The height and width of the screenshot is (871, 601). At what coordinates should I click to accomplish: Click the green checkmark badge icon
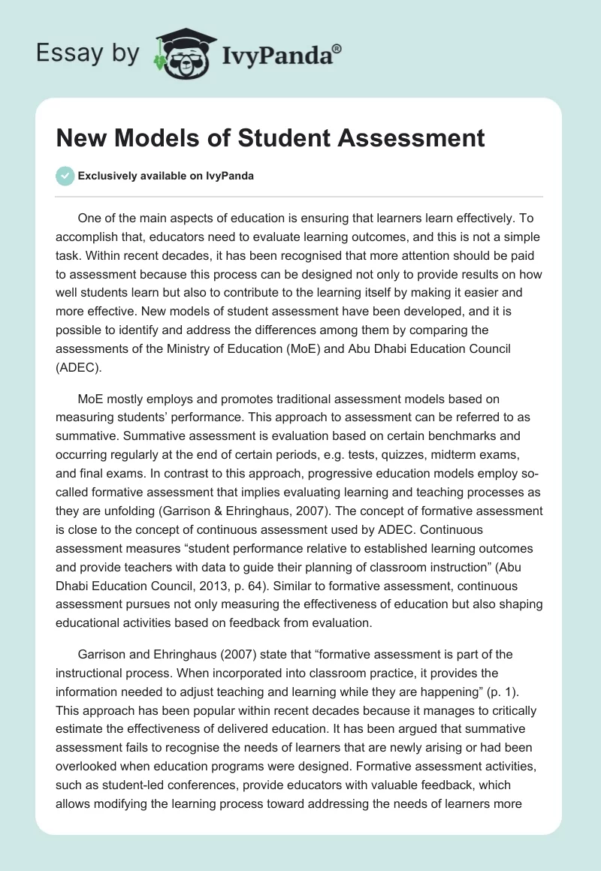[x=65, y=176]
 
